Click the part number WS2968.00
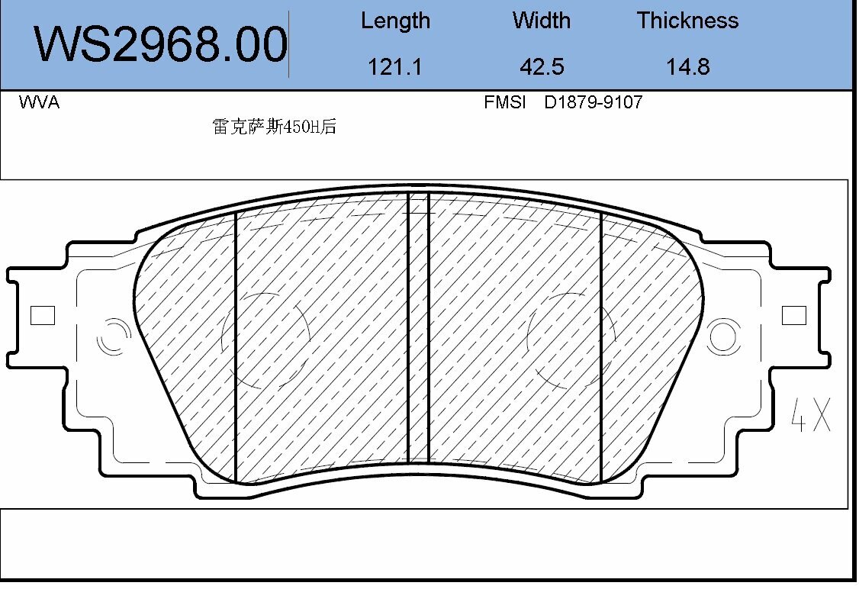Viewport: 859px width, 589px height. (161, 44)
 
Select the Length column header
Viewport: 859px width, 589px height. (395, 21)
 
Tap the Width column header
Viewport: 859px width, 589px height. (541, 21)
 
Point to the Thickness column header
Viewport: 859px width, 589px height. (687, 21)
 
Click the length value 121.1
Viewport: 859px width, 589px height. (395, 67)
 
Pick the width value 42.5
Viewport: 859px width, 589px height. (541, 67)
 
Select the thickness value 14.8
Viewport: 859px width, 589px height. (687, 67)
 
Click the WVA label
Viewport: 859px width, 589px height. (39, 102)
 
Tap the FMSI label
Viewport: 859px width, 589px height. (505, 102)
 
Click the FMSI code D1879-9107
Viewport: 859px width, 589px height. (593, 102)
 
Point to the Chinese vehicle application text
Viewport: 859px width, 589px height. (274, 127)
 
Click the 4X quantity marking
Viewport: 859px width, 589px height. (810, 414)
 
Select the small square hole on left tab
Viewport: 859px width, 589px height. (42, 315)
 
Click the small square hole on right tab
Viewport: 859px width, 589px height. (794, 315)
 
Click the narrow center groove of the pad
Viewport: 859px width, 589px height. (419, 328)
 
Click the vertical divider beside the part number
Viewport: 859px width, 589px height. (289, 44)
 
